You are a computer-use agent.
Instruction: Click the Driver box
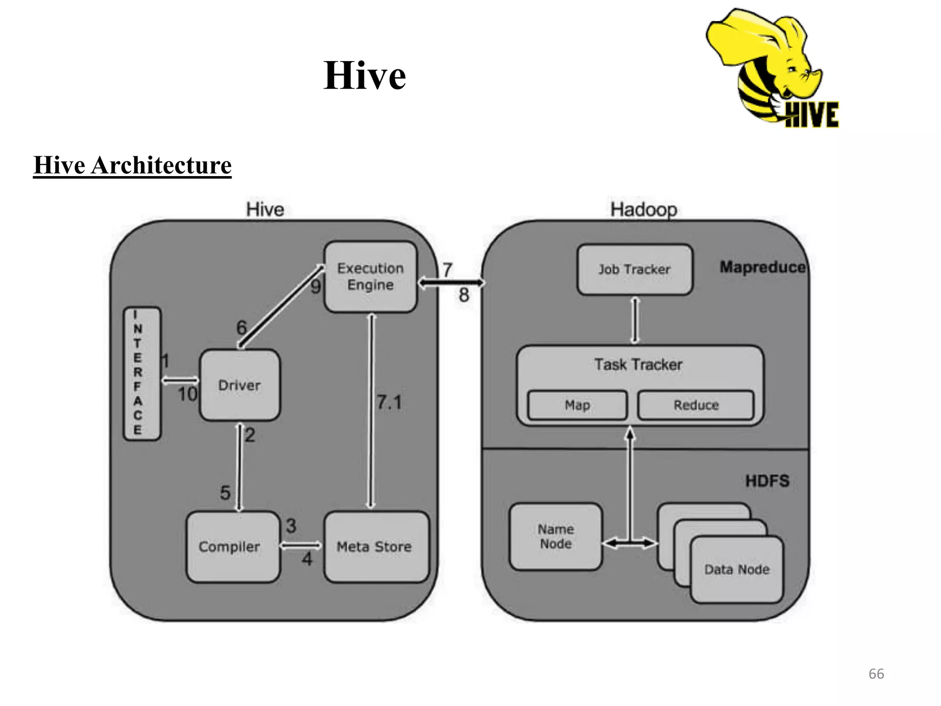[239, 385]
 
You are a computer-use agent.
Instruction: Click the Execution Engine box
[370, 277]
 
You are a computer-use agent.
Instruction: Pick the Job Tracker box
[635, 269]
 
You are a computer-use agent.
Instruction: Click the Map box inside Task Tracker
[577, 405]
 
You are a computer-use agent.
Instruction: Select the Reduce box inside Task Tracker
[696, 405]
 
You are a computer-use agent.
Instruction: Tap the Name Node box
[556, 536]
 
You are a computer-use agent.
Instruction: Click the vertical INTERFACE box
[142, 374]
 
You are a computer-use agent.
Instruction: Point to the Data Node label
[737, 569]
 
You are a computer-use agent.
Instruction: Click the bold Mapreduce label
[762, 267]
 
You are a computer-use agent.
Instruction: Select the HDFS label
[767, 481]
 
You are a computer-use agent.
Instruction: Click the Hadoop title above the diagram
[644, 210]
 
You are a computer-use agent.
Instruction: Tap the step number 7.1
[390, 403]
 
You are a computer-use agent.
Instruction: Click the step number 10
[187, 394]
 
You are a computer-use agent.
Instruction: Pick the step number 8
[464, 295]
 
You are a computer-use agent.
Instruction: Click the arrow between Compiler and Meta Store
[301, 546]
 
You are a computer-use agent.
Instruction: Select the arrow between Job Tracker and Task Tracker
[635, 320]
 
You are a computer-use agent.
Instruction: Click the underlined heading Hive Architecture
[132, 165]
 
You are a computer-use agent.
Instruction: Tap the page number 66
[876, 674]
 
